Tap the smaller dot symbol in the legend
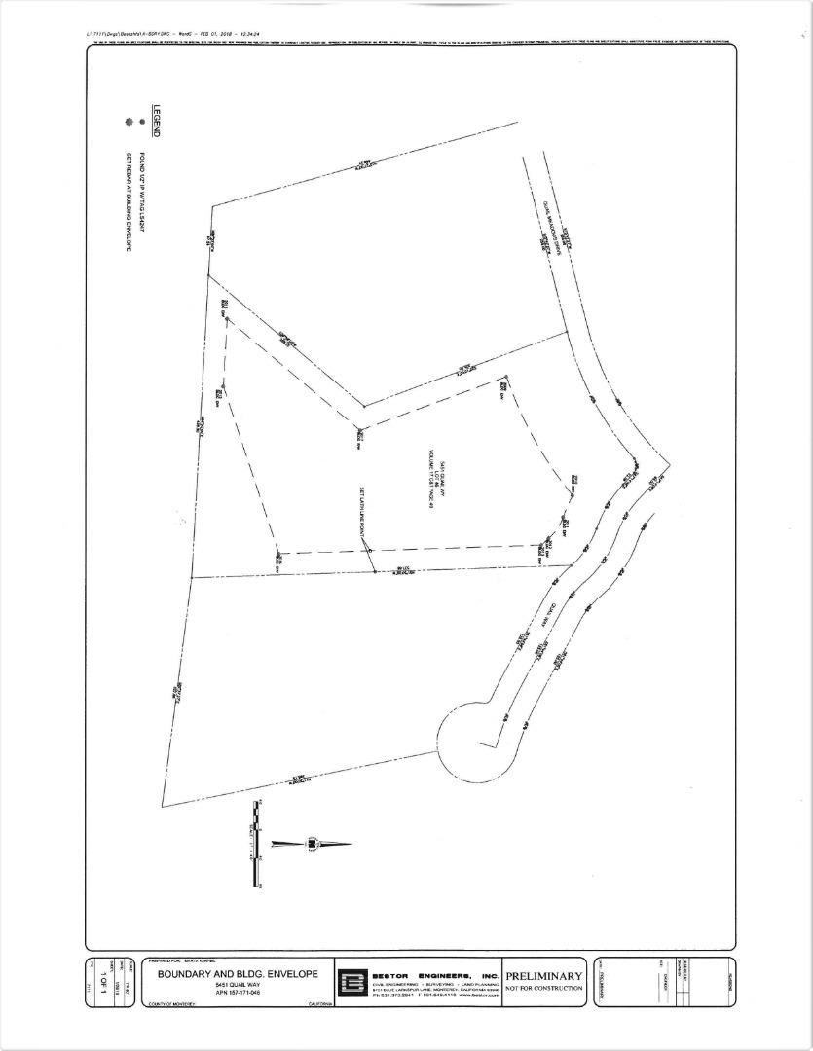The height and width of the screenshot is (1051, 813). coord(142,123)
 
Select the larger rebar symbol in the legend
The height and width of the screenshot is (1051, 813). coord(127,123)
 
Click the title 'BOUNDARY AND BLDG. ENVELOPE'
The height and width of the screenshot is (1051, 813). coord(238,973)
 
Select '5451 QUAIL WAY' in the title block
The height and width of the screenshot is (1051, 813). coord(238,985)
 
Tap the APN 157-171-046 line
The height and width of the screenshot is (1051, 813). coord(238,995)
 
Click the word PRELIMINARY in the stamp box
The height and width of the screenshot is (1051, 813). coord(543,976)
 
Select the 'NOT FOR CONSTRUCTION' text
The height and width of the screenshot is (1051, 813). coord(543,989)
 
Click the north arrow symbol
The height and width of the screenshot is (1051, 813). coord(312,843)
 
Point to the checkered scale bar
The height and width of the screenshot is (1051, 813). coord(256,843)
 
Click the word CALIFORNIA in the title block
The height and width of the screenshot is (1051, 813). coord(319,1004)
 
